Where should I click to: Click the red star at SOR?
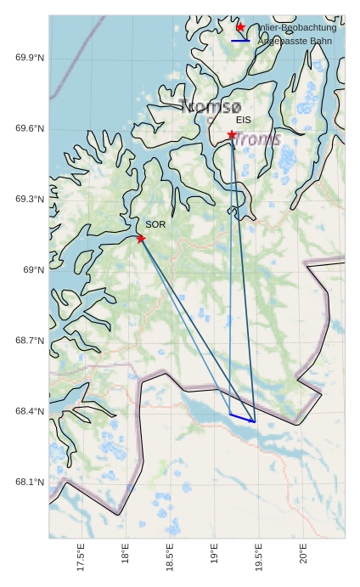pyautogui.click(x=141, y=239)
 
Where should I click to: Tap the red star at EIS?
pyautogui.click(x=232, y=134)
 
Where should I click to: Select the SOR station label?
pyautogui.click(x=155, y=224)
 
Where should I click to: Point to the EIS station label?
pyautogui.click(x=244, y=121)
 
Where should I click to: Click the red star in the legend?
pyautogui.click(x=240, y=27)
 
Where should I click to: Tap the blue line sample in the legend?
pyautogui.click(x=240, y=41)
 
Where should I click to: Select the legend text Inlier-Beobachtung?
pyautogui.click(x=296, y=27)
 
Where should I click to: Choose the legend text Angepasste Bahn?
pyautogui.click(x=295, y=41)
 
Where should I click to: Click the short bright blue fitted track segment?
pyautogui.click(x=242, y=418)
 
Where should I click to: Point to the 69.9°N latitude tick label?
pyautogui.click(x=30, y=58)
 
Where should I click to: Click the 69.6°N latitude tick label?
pyautogui.click(x=30, y=129)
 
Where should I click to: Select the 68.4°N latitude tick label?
pyautogui.click(x=30, y=411)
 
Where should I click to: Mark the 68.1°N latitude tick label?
pyautogui.click(x=30, y=483)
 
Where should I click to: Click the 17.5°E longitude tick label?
pyautogui.click(x=81, y=558)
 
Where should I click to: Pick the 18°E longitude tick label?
pyautogui.click(x=126, y=556)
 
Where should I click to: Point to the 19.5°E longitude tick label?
pyautogui.click(x=259, y=558)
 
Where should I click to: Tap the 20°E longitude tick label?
pyautogui.click(x=304, y=556)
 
